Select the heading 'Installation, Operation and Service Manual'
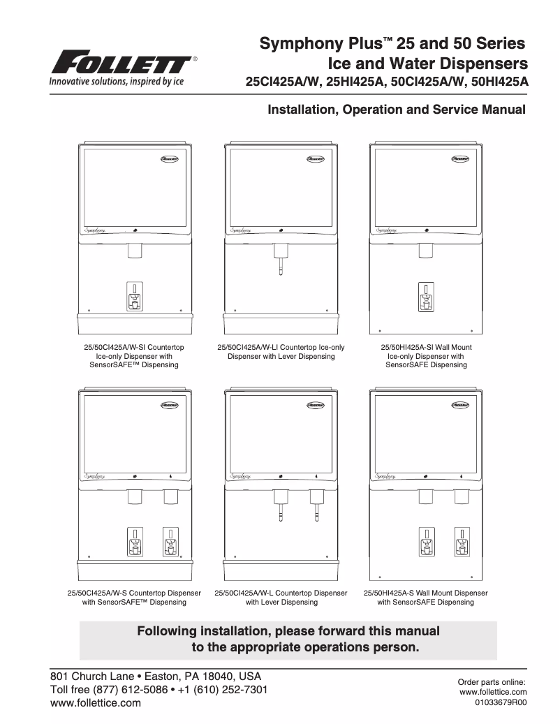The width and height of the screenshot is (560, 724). coord(392,110)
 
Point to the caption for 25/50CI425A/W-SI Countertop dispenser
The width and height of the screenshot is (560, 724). coord(134,355)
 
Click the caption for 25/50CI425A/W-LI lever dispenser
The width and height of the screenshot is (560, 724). coord(281,351)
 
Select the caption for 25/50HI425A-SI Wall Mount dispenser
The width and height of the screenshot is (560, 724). coord(426,355)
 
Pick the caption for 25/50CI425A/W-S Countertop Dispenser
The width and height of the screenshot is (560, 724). coord(134,598)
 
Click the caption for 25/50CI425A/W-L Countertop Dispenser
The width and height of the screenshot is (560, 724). coord(281,598)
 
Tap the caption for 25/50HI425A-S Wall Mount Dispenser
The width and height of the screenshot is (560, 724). coord(426,598)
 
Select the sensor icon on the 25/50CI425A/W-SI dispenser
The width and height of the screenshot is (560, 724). coord(135,296)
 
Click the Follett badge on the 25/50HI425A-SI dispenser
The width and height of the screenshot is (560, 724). coord(462,158)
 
